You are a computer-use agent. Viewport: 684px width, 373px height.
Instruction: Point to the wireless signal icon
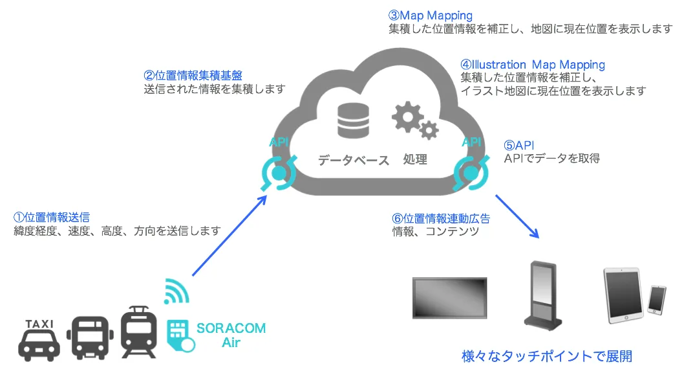176,291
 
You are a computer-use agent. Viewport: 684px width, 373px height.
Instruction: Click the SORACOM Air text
230,335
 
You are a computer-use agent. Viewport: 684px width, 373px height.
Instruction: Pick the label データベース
353,160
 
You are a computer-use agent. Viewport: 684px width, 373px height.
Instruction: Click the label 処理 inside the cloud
415,159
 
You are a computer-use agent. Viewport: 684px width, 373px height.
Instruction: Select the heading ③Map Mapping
430,15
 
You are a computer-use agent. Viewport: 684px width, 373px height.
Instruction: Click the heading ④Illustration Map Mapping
533,65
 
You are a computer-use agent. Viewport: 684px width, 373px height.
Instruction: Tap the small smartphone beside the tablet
657,299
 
